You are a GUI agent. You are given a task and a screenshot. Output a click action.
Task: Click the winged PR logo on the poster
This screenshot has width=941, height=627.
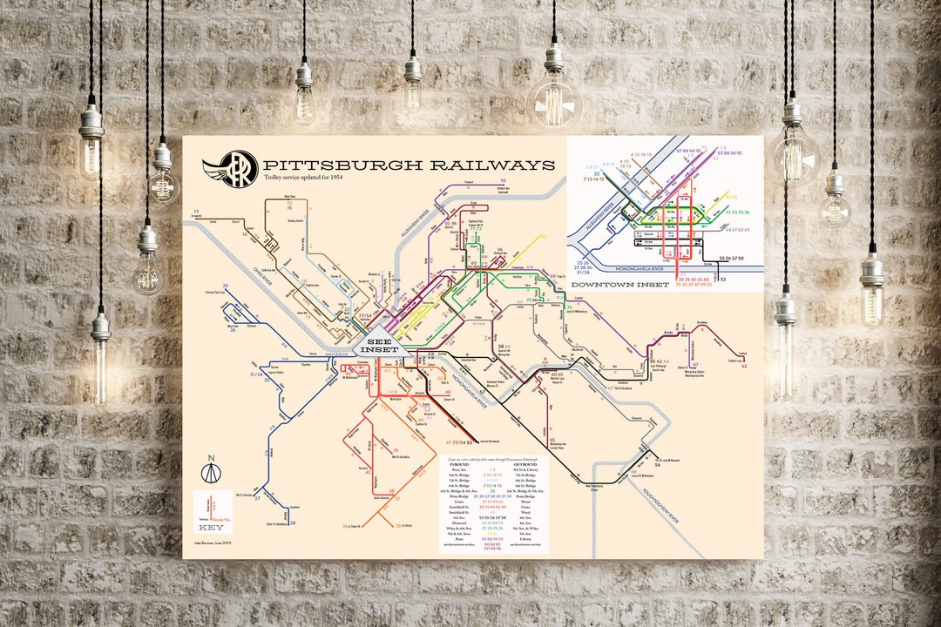tap(230, 167)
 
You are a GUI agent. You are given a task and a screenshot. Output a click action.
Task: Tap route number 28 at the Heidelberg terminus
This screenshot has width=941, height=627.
tap(293, 523)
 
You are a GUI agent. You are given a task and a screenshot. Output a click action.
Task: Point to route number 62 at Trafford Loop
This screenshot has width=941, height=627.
tap(744, 367)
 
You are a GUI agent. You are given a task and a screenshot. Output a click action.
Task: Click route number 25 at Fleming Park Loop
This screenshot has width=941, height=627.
tap(225, 286)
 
